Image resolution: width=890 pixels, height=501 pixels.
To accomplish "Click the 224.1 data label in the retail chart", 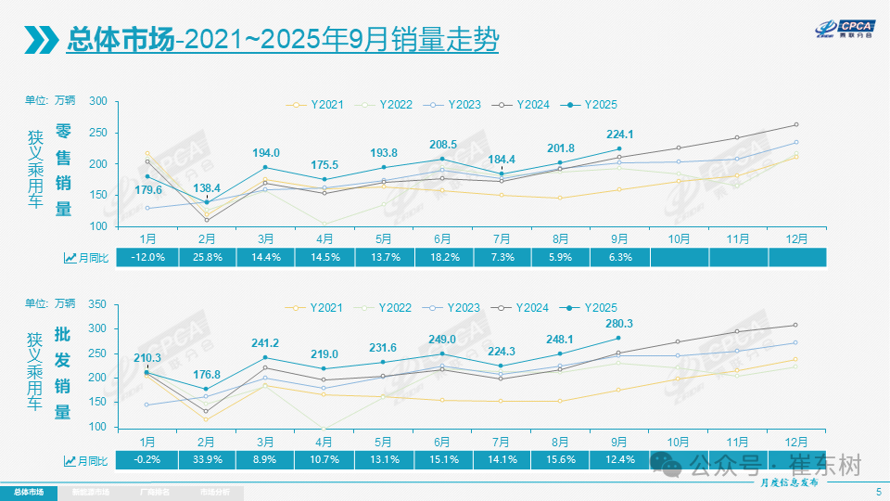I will (619, 132).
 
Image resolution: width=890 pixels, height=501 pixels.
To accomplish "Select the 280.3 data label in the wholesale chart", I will (619, 324).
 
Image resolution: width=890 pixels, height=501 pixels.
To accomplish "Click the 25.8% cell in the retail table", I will (206, 258).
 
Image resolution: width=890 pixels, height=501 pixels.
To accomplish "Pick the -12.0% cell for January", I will (146, 258).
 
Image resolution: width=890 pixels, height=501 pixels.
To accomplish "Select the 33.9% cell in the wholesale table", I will (206, 459).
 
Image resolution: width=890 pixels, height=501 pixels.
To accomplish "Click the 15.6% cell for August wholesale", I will (560, 459).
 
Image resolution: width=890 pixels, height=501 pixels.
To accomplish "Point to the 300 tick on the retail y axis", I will (99, 102).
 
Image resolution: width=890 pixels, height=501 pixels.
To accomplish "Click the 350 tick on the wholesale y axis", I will (99, 304).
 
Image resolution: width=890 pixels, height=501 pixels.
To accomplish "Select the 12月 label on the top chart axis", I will (795, 238).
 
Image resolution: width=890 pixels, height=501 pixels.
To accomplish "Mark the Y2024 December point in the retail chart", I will (795, 124).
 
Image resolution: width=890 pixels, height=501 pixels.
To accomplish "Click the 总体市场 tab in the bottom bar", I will (28, 492).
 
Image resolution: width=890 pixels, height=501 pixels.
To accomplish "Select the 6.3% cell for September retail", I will (619, 258).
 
